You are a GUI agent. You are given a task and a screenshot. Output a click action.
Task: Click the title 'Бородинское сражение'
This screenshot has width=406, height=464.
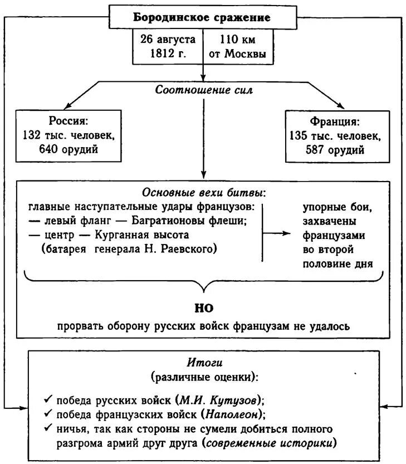pyautogui.click(x=202, y=17)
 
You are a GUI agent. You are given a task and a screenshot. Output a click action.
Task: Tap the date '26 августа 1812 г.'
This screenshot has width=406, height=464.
pyautogui.click(x=168, y=47)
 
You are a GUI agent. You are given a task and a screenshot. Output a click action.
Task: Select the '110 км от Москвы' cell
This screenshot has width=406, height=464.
pyautogui.click(x=238, y=47)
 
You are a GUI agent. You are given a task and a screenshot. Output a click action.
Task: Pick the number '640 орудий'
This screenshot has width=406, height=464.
pyautogui.click(x=69, y=149)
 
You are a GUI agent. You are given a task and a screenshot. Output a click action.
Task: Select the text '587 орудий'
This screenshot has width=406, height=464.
pyautogui.click(x=336, y=149)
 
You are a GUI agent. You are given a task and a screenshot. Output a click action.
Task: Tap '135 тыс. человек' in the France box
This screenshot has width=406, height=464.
pyautogui.click(x=335, y=135)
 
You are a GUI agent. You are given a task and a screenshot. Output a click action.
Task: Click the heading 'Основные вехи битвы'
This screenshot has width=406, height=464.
pyautogui.click(x=203, y=193)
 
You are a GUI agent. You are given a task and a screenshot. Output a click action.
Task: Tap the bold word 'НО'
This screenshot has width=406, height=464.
pyautogui.click(x=204, y=307)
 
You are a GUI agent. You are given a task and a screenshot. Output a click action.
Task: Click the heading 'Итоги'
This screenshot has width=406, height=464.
pyautogui.click(x=203, y=362)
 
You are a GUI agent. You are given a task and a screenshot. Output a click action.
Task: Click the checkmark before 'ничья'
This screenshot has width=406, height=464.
pyautogui.click(x=48, y=429)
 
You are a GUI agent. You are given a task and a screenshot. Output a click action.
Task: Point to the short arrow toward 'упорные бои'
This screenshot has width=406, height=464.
pyautogui.click(x=276, y=233)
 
